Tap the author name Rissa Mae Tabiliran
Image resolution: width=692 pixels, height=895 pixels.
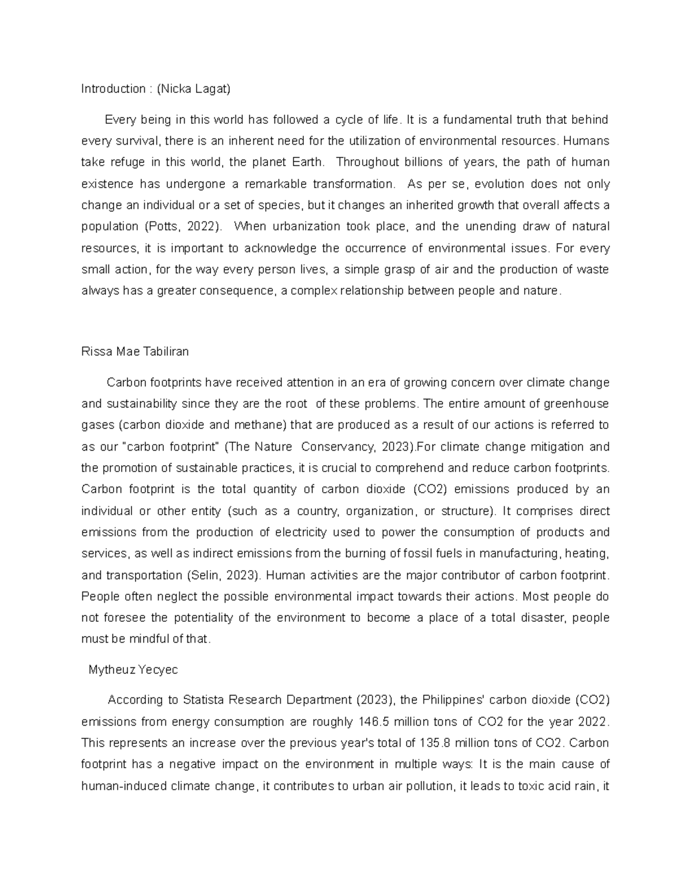tap(135, 352)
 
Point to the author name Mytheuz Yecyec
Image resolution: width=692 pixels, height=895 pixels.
tap(133, 670)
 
